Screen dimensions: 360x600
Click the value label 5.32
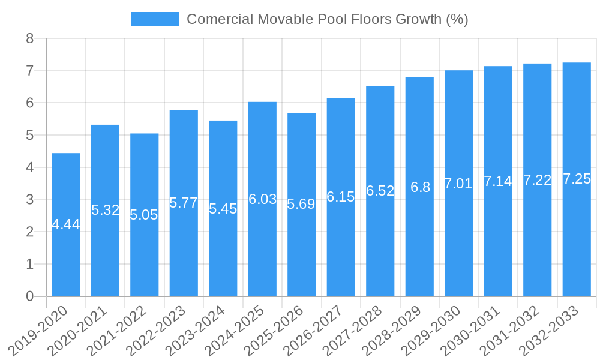tap(105, 210)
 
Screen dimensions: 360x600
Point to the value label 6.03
tap(262, 199)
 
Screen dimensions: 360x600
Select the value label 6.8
tap(420, 187)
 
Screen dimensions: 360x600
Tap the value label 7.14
tap(498, 181)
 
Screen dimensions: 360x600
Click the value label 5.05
tap(144, 215)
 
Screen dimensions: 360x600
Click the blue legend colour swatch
tap(155, 19)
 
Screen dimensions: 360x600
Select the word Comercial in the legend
tap(220, 19)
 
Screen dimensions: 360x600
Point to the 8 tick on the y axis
tap(30, 39)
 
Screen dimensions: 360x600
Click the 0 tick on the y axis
tap(30, 296)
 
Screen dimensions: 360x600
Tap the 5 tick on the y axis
tap(30, 136)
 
